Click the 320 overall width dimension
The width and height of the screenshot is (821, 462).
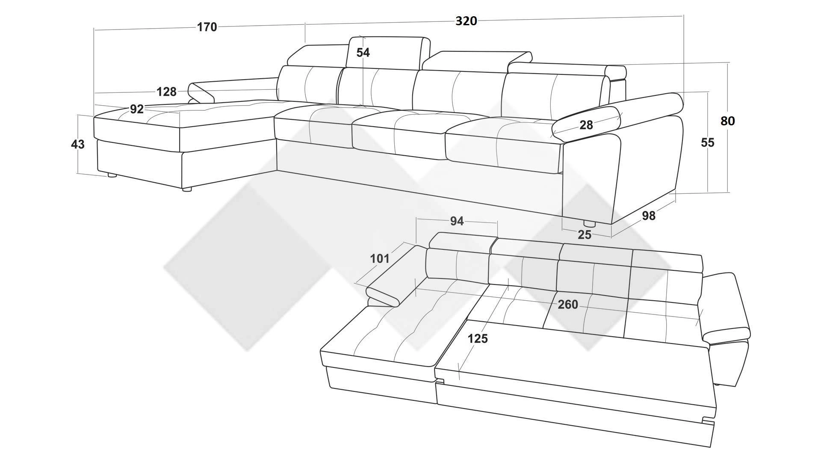click(466, 21)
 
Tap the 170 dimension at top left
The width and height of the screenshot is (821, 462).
click(207, 27)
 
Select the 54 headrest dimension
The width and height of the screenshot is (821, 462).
click(363, 52)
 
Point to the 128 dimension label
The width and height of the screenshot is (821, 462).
click(166, 92)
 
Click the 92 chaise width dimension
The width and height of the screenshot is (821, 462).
click(137, 109)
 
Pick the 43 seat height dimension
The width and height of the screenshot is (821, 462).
click(77, 144)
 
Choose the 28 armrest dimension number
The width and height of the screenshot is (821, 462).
click(586, 125)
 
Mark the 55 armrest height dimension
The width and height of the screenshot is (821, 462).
click(707, 142)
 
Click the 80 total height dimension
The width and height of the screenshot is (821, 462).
click(727, 121)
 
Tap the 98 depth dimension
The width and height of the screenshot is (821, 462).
click(649, 216)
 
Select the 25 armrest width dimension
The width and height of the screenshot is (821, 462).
click(585, 234)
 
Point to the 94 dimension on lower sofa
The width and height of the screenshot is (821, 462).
click(457, 221)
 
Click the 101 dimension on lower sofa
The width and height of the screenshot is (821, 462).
click(380, 258)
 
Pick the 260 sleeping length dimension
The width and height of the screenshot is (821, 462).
click(568, 305)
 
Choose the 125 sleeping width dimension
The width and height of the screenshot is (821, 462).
click(478, 338)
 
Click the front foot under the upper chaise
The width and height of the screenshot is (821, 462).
click(186, 189)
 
